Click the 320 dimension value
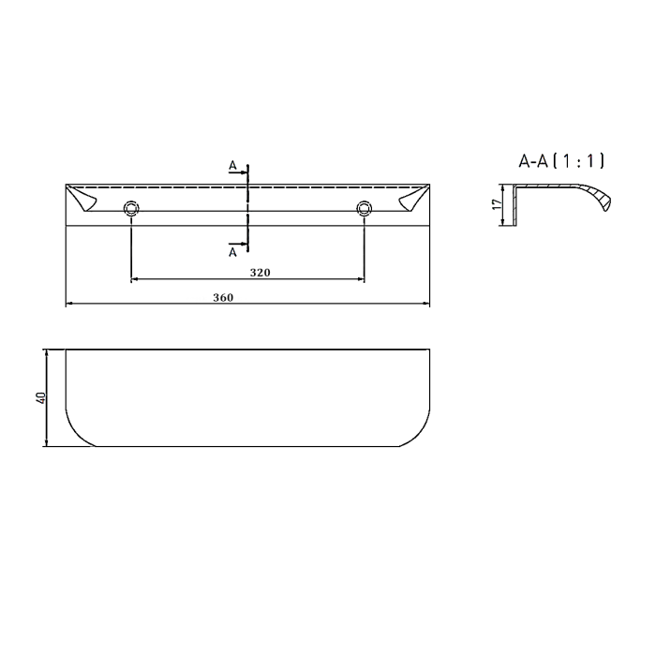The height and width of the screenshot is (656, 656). pos(261,273)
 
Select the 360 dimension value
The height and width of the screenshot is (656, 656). pos(223,297)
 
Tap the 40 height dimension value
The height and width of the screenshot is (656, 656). pos(40,397)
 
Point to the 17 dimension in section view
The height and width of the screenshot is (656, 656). pos(497,204)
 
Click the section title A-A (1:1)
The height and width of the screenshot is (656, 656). pos(561,160)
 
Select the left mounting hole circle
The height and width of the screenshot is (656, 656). pos(131,208)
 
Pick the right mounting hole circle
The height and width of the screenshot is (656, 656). pos(364,208)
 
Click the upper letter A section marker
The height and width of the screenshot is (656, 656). pos(232,166)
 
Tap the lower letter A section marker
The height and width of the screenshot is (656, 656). pos(232,252)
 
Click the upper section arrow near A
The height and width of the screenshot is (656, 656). pos(239,171)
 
